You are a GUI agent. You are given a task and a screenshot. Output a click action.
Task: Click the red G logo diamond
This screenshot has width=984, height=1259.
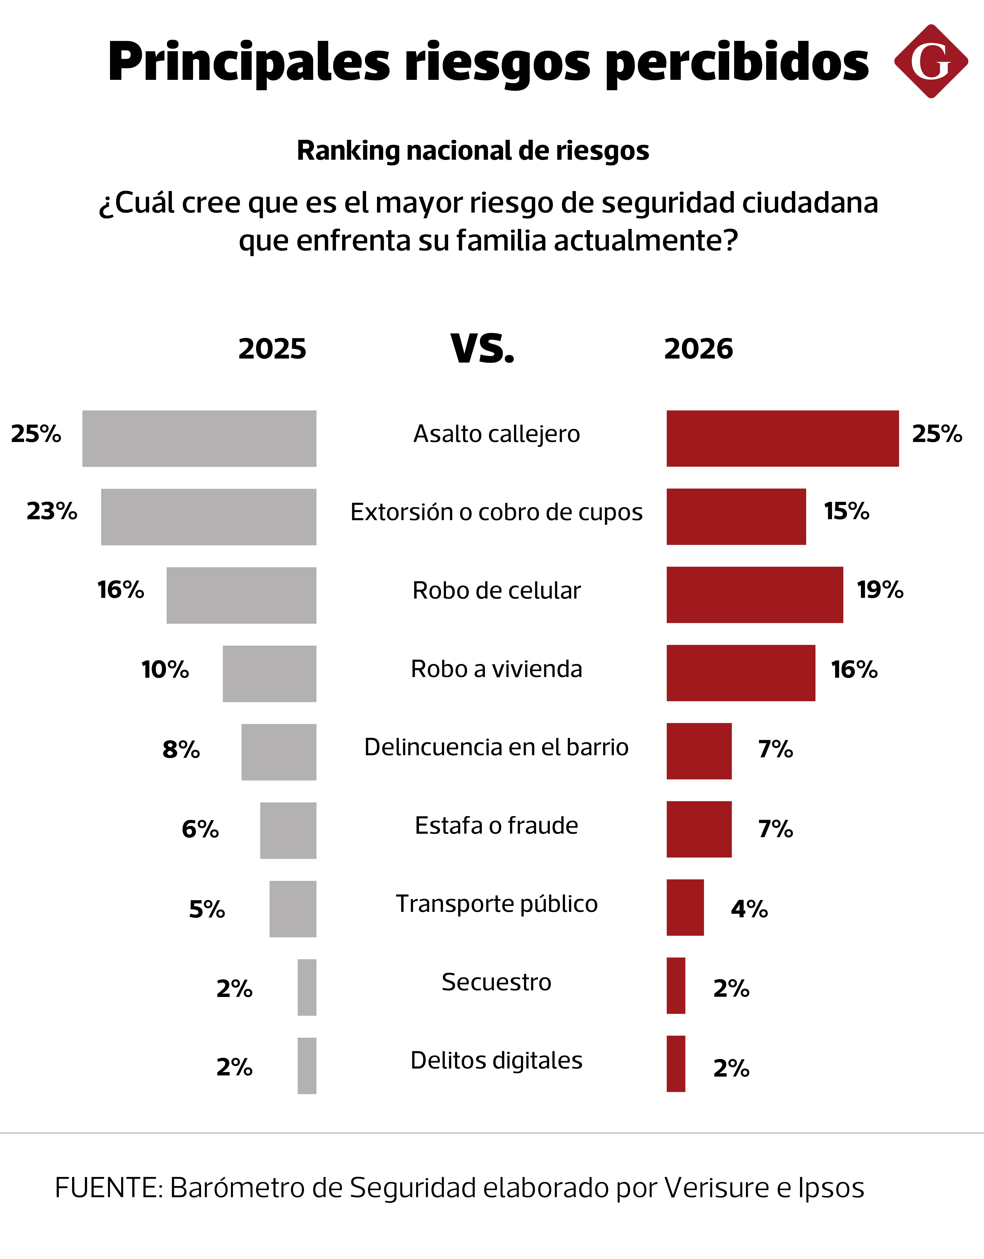pyautogui.click(x=931, y=61)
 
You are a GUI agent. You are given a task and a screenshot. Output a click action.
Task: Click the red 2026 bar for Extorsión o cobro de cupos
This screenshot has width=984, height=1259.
pyautogui.click(x=736, y=517)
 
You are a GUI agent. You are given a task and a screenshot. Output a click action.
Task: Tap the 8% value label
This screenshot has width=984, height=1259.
pyautogui.click(x=181, y=749)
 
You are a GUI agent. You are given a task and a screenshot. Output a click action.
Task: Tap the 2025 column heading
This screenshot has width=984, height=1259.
pyautogui.click(x=272, y=349)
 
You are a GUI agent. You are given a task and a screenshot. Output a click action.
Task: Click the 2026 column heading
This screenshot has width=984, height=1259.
pyautogui.click(x=699, y=349)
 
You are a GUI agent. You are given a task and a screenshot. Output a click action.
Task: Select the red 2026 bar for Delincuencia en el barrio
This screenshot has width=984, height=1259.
pyautogui.click(x=699, y=751)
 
